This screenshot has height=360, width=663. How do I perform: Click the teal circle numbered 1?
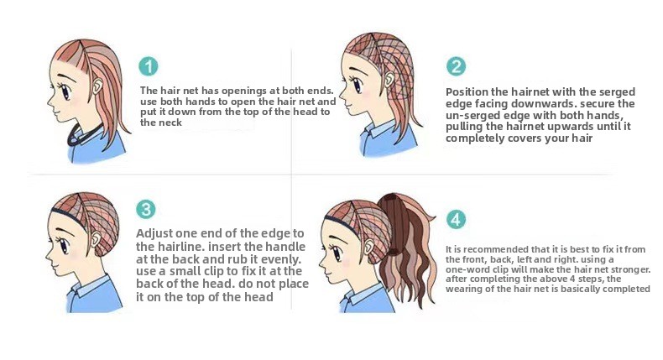(x=149, y=66)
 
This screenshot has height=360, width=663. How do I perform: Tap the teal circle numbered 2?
(x=456, y=66)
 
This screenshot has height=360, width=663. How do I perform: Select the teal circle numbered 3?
(x=146, y=210)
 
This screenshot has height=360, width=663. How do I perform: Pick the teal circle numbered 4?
(x=456, y=220)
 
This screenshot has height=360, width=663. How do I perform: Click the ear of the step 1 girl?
(x=97, y=86)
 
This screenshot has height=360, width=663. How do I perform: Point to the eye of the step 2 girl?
(x=358, y=85)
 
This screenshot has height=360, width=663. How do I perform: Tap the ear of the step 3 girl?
(x=96, y=239)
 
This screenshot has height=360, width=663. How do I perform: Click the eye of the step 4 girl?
(x=337, y=253)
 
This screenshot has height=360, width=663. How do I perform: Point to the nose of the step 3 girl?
(x=47, y=255)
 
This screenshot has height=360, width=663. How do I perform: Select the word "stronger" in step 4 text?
(x=630, y=269)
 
